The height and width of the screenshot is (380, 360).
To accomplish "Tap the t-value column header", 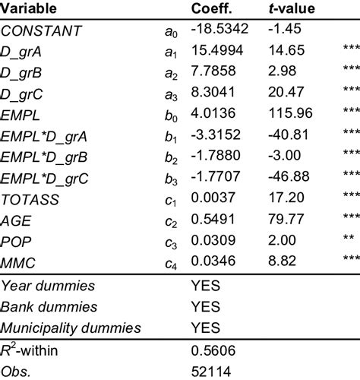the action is [x=293, y=9].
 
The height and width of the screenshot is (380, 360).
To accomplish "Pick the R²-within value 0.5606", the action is [x=213, y=350].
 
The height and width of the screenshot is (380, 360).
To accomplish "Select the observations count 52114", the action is [x=210, y=371].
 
